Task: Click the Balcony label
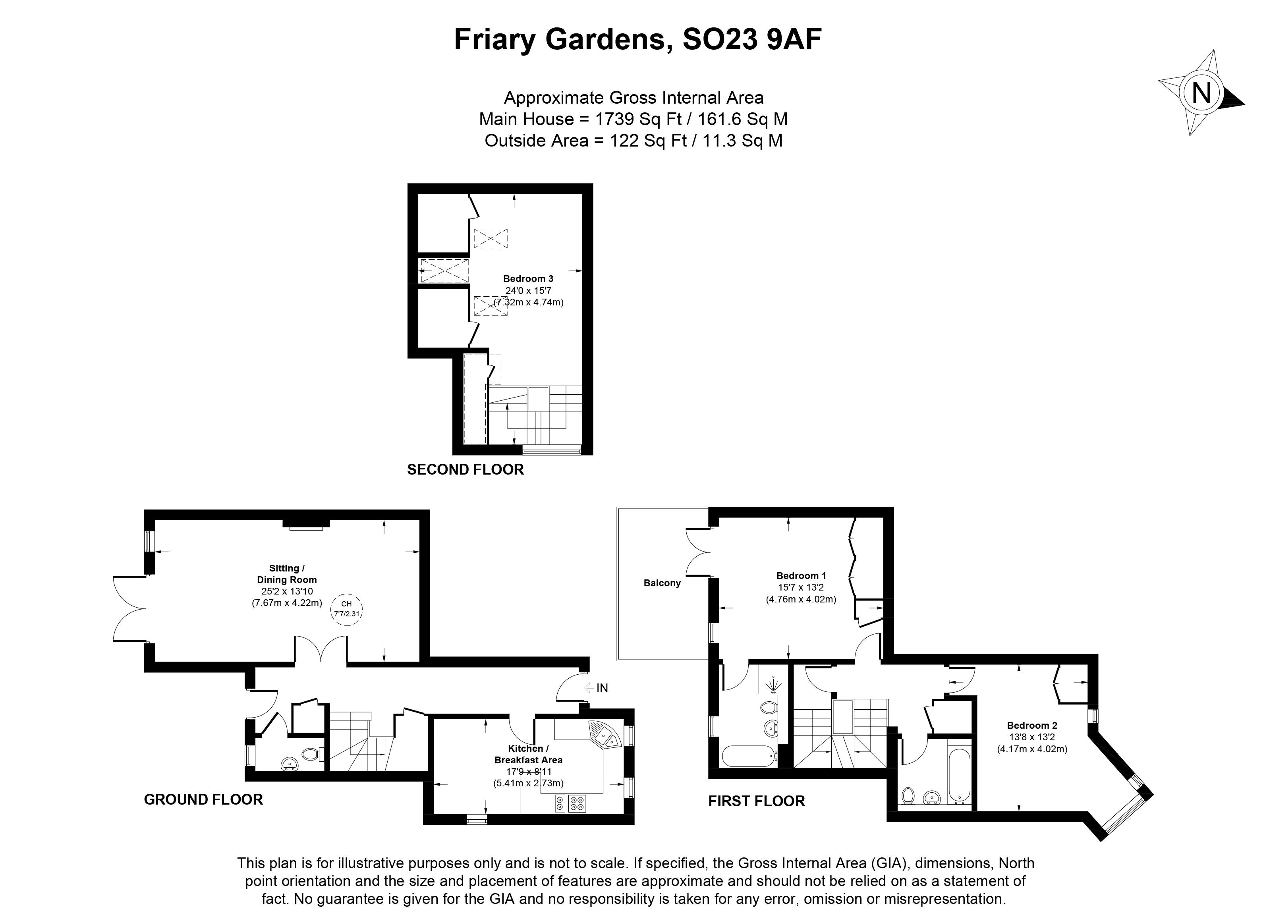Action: (x=662, y=583)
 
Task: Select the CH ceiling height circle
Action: (x=346, y=609)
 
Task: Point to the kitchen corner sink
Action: (x=605, y=737)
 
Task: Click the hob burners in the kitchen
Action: (x=569, y=804)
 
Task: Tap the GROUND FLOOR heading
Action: (x=203, y=799)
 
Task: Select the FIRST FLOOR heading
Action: (x=756, y=801)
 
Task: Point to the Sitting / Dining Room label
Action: (x=287, y=574)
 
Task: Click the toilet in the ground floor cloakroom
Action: (x=311, y=754)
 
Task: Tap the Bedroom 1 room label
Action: (x=801, y=576)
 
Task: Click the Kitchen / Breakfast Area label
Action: (x=528, y=754)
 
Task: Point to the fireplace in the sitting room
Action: (x=306, y=524)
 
